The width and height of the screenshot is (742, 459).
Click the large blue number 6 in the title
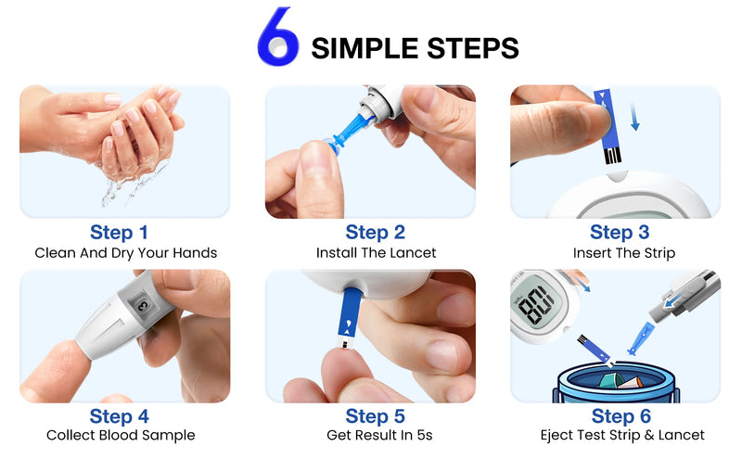[277, 38]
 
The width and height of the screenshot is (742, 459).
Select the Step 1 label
[119, 232]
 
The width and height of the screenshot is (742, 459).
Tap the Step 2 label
[375, 232]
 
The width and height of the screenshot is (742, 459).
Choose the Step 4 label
[119, 416]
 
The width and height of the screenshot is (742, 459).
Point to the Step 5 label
[375, 416]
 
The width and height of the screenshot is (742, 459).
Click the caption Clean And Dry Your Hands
[125, 252]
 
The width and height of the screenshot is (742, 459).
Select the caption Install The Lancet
[375, 252]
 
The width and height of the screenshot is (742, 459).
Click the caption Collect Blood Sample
[121, 435]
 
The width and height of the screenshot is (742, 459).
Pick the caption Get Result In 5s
[375, 435]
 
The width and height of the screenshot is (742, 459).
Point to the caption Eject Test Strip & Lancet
[622, 435]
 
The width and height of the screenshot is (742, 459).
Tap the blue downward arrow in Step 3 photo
[634, 118]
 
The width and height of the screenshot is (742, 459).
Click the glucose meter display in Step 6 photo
[538, 303]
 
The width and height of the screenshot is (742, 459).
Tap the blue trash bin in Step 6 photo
[616, 384]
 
